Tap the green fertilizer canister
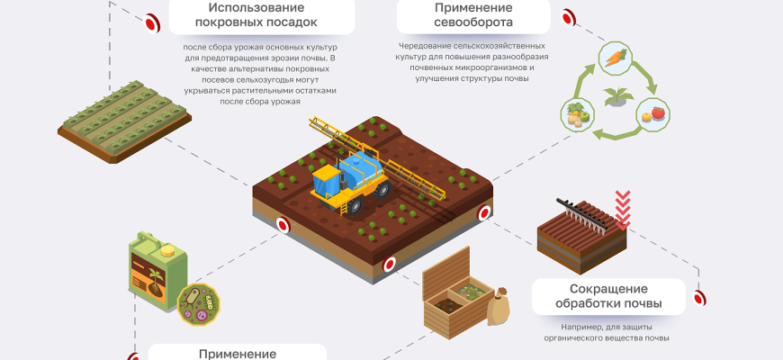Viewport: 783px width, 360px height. click(157, 270)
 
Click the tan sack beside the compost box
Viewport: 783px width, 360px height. click(498, 308)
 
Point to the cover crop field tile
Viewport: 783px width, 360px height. click(124, 122)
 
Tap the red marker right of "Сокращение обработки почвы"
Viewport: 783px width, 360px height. click(699, 296)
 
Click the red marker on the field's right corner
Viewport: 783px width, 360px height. click(483, 213)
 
